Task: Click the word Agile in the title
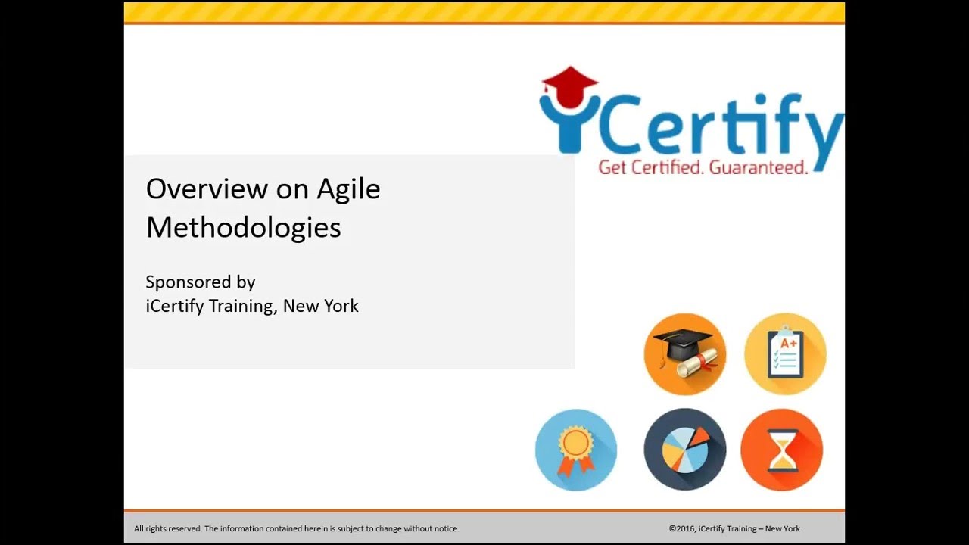[349, 189]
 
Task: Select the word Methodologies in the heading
[243, 227]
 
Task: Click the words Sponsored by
[200, 282]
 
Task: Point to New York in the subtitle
[321, 306]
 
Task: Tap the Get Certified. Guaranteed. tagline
[703, 167]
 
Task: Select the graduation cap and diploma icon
[684, 353]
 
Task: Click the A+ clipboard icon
[785, 353]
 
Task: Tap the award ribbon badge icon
[576, 450]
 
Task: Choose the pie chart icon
[684, 450]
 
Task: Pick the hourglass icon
[781, 450]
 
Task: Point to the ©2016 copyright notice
[734, 528]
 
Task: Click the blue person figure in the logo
[565, 121]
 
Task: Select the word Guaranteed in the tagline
[758, 167]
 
